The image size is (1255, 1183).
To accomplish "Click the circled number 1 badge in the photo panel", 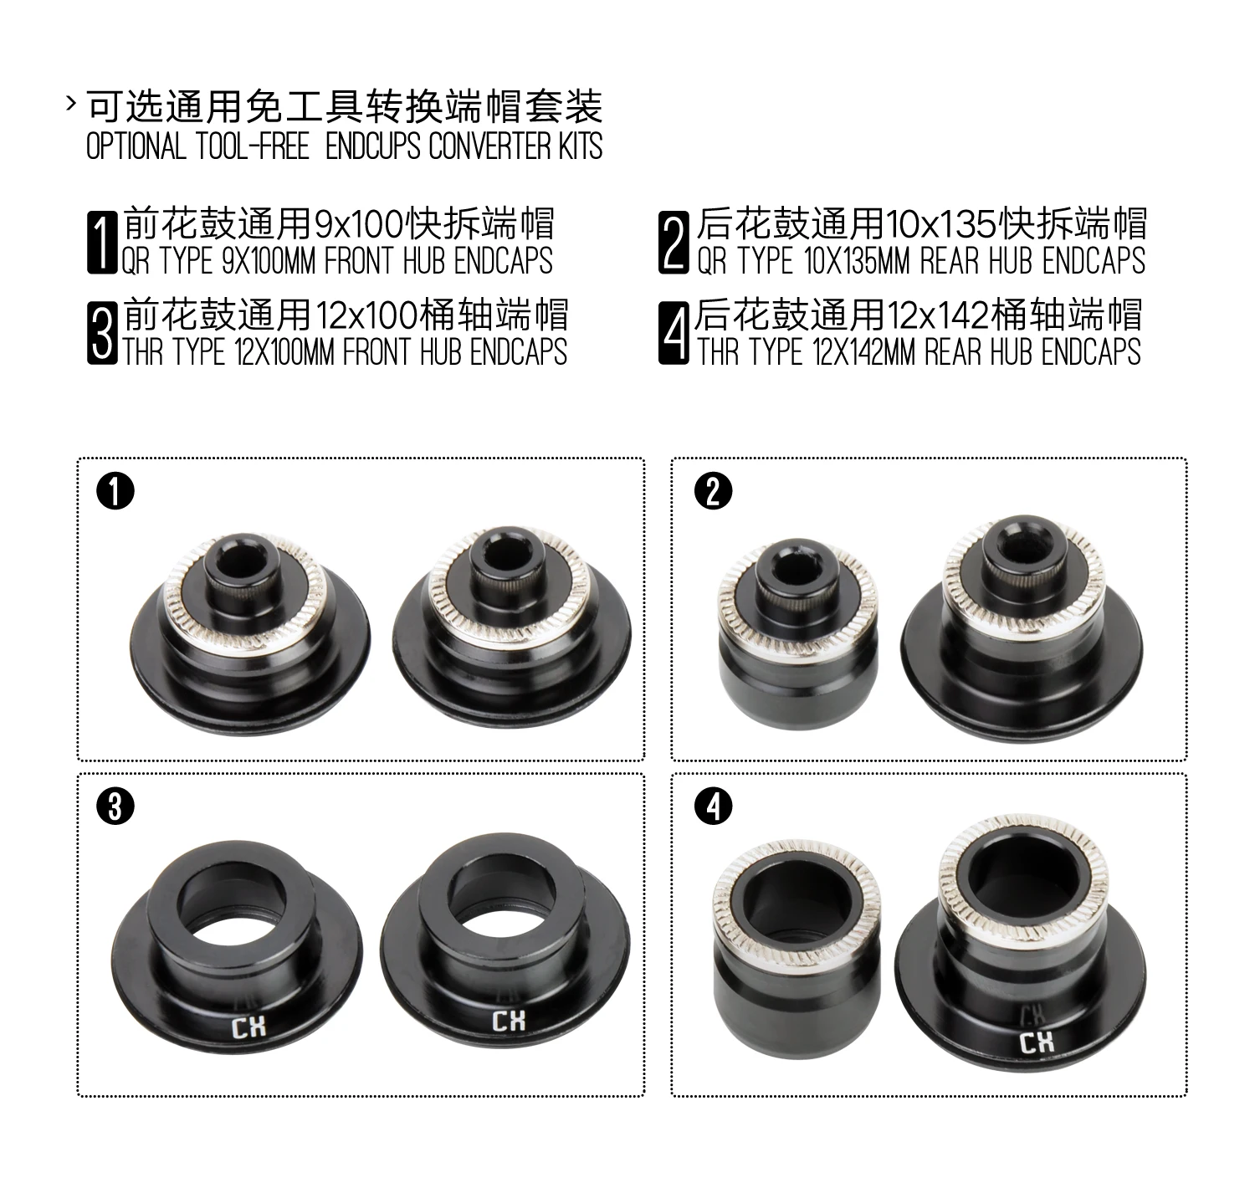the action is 115,491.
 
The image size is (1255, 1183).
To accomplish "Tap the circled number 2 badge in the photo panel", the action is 713,491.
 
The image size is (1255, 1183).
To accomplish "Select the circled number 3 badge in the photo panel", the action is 115,806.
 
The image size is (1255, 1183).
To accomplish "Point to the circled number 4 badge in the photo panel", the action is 713,806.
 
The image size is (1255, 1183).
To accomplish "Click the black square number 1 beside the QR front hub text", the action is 102,243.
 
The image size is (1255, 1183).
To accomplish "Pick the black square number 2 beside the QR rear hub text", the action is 674,243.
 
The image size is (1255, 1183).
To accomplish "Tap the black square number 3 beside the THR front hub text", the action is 102,333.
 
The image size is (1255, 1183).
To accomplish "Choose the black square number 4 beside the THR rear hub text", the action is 674,333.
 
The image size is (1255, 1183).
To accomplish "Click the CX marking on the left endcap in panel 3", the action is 249,1027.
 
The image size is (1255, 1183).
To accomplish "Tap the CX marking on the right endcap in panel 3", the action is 509,1021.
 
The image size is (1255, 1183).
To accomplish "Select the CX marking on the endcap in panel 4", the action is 1037,1042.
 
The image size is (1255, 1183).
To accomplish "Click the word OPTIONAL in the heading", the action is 136,146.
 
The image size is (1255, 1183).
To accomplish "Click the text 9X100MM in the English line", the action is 268,261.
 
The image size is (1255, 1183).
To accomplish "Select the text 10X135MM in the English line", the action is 858,261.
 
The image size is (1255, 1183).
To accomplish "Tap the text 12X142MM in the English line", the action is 863,352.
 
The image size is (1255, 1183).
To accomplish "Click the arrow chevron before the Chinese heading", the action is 71,103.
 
